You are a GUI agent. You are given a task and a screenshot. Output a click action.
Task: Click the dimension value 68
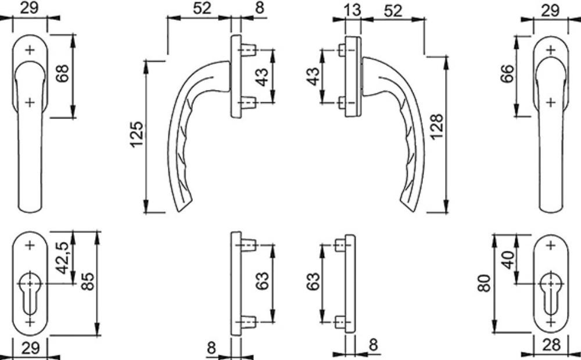coord(62,73)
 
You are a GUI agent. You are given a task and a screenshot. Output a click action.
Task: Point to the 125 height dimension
coord(137,134)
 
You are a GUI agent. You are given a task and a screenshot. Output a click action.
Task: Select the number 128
coord(437,127)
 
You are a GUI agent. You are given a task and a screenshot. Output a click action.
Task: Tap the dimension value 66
coord(507,73)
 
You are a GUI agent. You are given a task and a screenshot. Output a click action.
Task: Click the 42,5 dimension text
coord(63,258)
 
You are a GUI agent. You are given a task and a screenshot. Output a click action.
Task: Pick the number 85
coord(88,281)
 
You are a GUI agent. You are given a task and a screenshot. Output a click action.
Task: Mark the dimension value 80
coord(485,283)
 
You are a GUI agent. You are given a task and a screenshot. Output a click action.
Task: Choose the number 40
coord(509,260)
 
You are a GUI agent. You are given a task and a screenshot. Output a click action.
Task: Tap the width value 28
coord(551,345)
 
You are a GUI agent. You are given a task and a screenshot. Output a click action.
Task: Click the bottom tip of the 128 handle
coord(414,211)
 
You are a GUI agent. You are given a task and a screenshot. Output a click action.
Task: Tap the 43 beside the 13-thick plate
coord(314,76)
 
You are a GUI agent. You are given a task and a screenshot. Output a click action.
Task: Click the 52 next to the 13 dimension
coord(393,10)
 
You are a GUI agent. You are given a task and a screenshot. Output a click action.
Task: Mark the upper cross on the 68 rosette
coord(30,49)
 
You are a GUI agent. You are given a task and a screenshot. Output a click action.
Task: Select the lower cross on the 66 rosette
coord(551,102)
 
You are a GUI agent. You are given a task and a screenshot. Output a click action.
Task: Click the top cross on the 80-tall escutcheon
coord(551,245)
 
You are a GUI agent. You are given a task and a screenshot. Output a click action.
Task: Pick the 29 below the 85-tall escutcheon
coord(30,348)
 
